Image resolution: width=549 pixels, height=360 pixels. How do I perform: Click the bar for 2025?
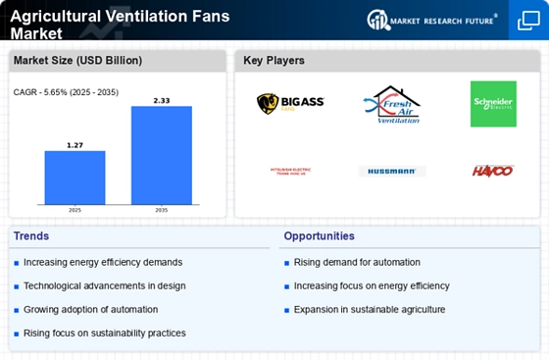pos(74,177)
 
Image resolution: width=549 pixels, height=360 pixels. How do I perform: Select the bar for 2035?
pos(162,154)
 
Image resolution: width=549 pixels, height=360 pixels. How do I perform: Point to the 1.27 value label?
pos(74,144)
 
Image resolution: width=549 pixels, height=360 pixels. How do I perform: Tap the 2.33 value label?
pos(162,99)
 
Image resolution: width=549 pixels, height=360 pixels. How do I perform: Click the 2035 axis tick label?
pos(162,210)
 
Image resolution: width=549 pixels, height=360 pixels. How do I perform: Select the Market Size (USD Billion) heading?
pos(77,61)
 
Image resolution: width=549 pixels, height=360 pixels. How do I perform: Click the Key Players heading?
pos(274,61)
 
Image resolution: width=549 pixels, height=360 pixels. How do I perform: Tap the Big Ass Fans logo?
pos(290,103)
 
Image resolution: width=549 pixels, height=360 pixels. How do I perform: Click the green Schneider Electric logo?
pos(493,104)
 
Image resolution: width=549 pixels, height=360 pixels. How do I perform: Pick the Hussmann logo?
pos(392,171)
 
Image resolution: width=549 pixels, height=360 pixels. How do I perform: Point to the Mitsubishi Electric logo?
pos(290,171)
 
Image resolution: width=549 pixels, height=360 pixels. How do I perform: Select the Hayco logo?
pos(493,171)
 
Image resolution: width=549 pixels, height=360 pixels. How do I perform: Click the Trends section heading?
pos(30,236)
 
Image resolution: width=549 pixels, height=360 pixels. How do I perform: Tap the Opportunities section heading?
pos(321,236)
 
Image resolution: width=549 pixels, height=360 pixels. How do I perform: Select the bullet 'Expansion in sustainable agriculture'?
pos(370,309)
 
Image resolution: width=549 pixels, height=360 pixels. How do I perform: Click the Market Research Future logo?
pos(432,20)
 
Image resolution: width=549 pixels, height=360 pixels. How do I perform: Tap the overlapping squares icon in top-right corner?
pos(527,20)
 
